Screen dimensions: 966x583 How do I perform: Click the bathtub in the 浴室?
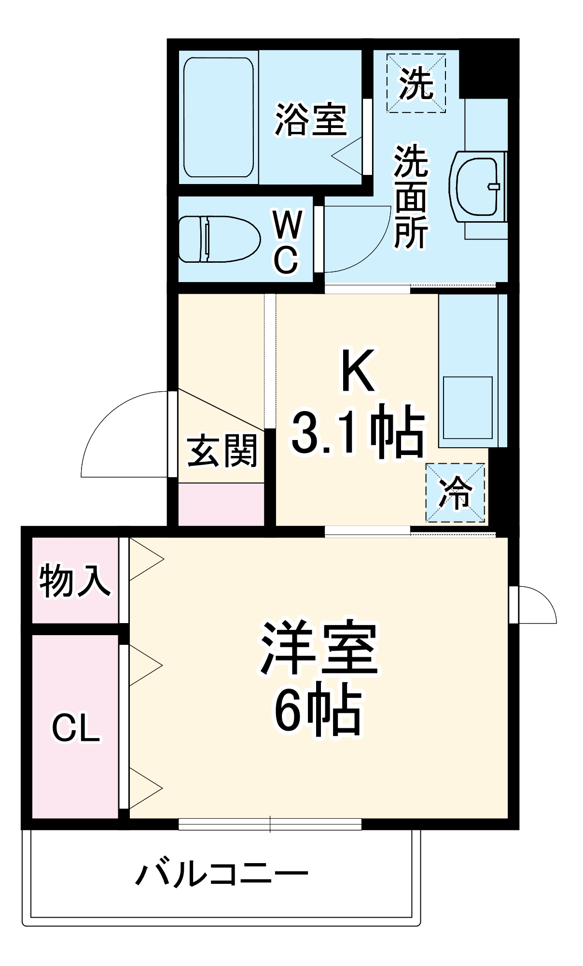[219, 117]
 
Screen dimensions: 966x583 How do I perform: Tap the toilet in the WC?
[219, 239]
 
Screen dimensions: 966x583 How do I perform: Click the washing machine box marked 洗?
[416, 84]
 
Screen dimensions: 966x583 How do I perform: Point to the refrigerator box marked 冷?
[455, 493]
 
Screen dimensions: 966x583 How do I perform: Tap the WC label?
[287, 241]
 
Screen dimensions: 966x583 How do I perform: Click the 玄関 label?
[222, 451]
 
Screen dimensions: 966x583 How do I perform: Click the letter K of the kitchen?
[358, 371]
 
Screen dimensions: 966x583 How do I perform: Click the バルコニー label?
[222, 874]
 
